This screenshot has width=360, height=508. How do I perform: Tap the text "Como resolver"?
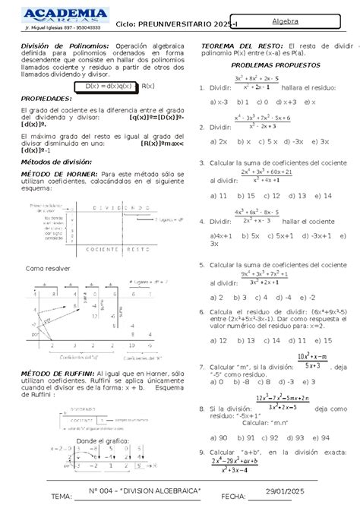point(48,269)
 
